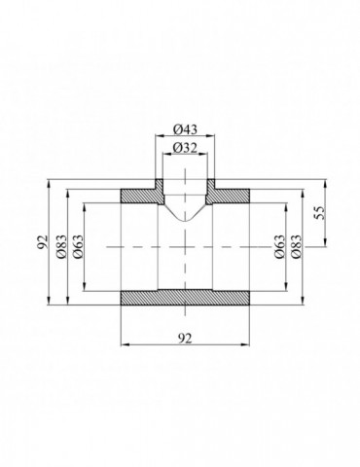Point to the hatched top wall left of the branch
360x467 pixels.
(x=136, y=196)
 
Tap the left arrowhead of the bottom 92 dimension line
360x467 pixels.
(x=123, y=343)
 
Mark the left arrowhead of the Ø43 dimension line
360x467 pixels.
(x=156, y=138)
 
